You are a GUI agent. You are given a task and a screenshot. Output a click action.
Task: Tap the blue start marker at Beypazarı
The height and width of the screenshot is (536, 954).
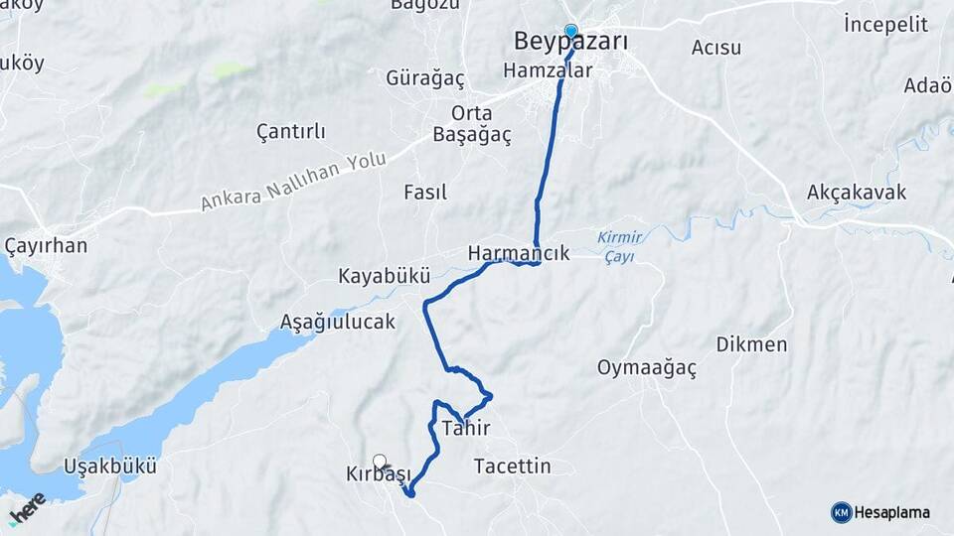(570, 31)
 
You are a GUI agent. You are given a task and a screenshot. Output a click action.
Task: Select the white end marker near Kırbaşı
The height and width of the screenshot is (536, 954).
(380, 461)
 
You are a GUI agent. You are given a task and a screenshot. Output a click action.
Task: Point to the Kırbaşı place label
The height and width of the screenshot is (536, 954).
(378, 475)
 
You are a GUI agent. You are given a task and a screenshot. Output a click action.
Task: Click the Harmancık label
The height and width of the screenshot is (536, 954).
(518, 253)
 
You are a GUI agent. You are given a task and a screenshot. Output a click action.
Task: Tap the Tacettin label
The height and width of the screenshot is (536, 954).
(512, 466)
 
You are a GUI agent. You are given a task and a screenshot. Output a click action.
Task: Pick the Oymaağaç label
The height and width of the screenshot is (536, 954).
(647, 368)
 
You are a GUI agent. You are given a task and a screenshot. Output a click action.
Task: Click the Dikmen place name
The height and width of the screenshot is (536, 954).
(751, 344)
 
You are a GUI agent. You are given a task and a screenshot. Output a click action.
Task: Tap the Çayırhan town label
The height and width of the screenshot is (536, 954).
(46, 246)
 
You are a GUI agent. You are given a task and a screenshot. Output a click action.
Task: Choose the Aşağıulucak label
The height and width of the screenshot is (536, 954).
(338, 322)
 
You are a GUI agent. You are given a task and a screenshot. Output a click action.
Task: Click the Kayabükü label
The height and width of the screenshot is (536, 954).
(384, 275)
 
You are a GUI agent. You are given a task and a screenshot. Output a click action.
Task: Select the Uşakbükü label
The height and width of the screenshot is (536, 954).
(110, 466)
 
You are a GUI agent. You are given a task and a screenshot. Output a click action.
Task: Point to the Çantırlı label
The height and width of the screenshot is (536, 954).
(290, 131)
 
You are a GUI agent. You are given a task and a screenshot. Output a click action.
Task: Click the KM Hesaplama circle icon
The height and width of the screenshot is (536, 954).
(841, 512)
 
